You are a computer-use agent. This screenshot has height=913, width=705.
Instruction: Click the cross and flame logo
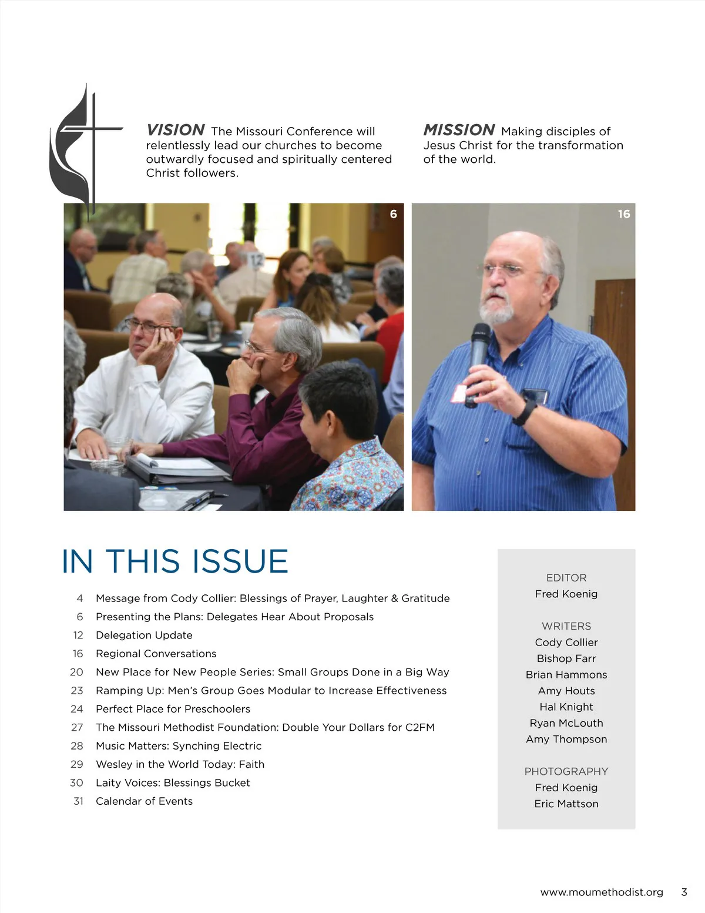[x=82, y=150]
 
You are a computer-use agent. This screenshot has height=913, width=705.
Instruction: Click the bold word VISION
[x=175, y=130]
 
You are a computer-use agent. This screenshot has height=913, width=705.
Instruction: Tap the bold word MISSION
[x=459, y=130]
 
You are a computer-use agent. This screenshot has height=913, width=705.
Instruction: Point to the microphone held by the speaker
[x=479, y=353]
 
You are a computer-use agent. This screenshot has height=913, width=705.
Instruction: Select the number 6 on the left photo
[x=393, y=214]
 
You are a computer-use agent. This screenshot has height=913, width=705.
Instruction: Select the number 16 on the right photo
[x=623, y=214]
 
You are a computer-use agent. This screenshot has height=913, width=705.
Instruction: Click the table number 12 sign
[x=256, y=259]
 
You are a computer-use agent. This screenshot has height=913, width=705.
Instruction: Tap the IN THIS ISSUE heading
[x=175, y=561]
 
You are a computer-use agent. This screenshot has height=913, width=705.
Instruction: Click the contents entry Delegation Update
[x=144, y=635]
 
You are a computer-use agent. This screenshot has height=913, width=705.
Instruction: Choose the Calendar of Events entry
[x=144, y=801]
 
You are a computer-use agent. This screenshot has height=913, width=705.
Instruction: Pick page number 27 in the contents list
[x=77, y=727]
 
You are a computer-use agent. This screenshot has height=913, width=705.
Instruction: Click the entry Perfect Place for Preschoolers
[x=173, y=708]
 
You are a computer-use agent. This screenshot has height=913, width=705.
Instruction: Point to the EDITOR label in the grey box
[x=566, y=577]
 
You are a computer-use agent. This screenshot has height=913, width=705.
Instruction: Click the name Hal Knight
[x=566, y=707]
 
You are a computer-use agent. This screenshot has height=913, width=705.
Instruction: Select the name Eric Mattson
[x=566, y=804]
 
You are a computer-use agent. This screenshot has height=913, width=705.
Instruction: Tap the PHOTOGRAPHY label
[x=566, y=771]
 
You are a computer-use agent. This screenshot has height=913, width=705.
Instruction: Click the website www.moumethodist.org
[x=602, y=892]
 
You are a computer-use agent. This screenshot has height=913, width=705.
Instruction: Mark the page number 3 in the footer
[x=684, y=892]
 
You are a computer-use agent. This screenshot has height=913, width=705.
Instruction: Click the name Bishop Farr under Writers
[x=566, y=658]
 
